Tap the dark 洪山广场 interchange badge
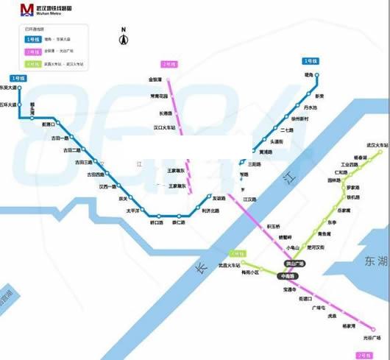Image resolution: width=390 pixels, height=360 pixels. pos(294,263)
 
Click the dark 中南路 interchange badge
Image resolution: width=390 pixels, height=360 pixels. pos(286,275)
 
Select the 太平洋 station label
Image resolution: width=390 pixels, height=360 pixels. pos(132,211)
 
